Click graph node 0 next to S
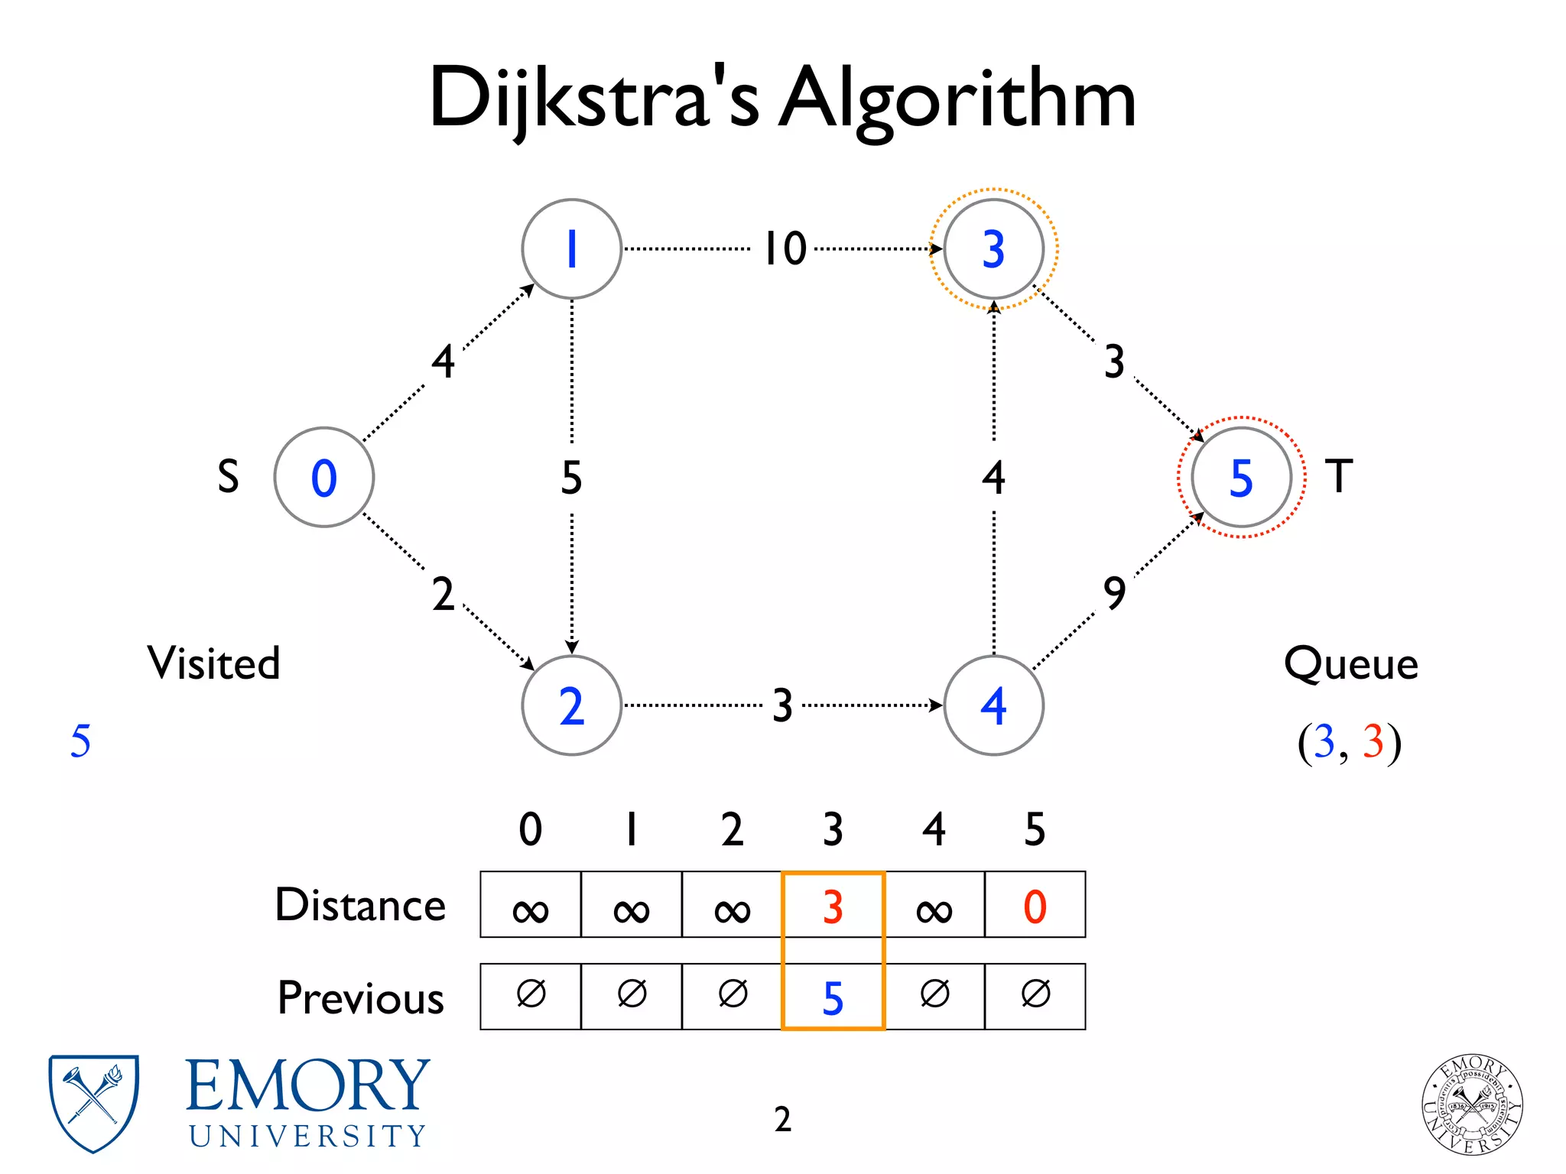tap(323, 477)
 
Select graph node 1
tap(571, 249)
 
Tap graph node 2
tap(571, 705)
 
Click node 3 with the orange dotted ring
tap(993, 249)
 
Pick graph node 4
tap(993, 705)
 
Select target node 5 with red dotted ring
tap(1241, 477)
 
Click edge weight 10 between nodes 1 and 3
tap(785, 248)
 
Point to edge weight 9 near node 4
tap(1114, 593)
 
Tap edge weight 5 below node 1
tap(571, 478)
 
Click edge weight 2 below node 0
tap(443, 594)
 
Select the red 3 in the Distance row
tap(833, 906)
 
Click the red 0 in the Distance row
tap(1035, 906)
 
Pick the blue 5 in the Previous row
tap(833, 997)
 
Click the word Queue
tap(1350, 663)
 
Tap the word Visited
tap(213, 663)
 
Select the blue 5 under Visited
tap(80, 741)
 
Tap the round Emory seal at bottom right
tap(1471, 1104)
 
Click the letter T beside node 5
tap(1338, 476)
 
